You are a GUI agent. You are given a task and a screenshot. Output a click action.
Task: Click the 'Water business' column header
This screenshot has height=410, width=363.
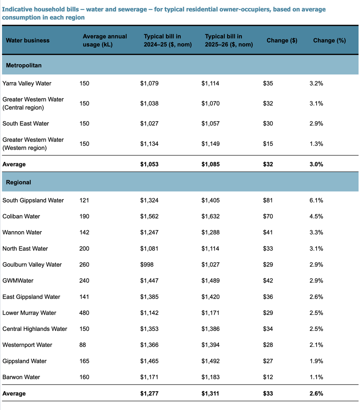[x=28, y=40]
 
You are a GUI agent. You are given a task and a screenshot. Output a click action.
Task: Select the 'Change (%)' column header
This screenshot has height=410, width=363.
[x=329, y=40]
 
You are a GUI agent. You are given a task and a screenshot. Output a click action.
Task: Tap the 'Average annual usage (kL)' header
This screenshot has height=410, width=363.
[x=105, y=40]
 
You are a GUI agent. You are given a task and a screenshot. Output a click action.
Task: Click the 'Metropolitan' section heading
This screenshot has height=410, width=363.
[x=24, y=65]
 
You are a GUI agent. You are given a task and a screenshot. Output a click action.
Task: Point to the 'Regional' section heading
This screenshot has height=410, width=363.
[x=19, y=182]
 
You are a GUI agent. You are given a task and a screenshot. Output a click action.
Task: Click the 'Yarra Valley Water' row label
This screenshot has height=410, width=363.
[x=27, y=83]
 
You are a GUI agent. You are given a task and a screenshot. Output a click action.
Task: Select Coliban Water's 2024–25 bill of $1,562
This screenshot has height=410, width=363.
[x=149, y=216]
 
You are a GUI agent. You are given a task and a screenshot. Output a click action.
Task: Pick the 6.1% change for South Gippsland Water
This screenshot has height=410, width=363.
[x=315, y=200]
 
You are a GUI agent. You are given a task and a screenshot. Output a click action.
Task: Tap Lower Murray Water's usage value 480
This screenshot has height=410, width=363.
[x=84, y=313]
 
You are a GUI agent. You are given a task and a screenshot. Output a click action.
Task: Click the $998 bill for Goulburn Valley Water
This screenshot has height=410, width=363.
[x=147, y=265]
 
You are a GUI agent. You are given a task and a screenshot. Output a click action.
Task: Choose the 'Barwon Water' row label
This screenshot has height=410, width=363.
[x=21, y=377]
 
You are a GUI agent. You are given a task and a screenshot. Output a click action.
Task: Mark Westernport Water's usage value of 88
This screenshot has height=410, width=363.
[x=82, y=345]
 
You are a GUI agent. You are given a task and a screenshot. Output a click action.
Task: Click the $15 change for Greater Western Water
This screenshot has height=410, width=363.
[x=268, y=144]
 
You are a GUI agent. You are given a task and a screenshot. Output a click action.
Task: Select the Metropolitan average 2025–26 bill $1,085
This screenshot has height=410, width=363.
[x=210, y=164]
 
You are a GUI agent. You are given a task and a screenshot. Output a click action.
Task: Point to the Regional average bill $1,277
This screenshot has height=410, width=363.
[x=149, y=393]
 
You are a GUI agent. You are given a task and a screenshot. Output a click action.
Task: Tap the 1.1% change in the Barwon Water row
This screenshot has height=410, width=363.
[x=315, y=377]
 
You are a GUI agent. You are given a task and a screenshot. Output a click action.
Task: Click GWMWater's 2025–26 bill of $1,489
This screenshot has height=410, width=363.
[x=210, y=280]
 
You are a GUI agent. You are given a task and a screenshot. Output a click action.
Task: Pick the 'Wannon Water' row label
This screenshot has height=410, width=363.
[x=22, y=232]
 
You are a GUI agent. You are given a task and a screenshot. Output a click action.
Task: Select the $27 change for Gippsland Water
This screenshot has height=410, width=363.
[x=268, y=361]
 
